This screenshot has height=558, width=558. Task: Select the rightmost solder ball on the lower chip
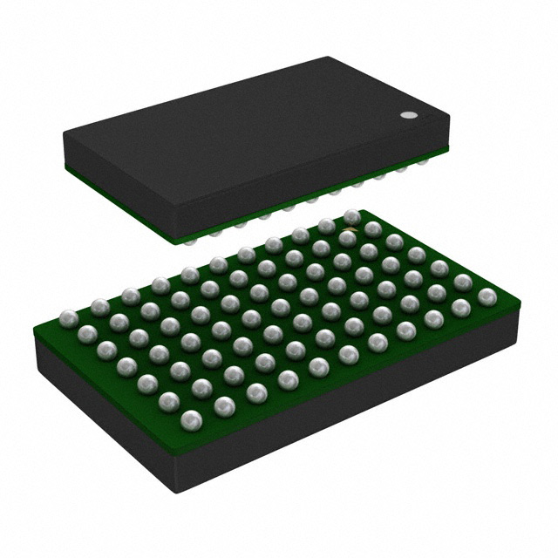click(487, 297)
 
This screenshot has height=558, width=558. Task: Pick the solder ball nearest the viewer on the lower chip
click(191, 420)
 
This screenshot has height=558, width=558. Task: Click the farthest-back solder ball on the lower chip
click(352, 216)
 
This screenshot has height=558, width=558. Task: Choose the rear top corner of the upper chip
click(330, 58)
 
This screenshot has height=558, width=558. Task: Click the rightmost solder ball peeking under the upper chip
click(423, 162)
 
